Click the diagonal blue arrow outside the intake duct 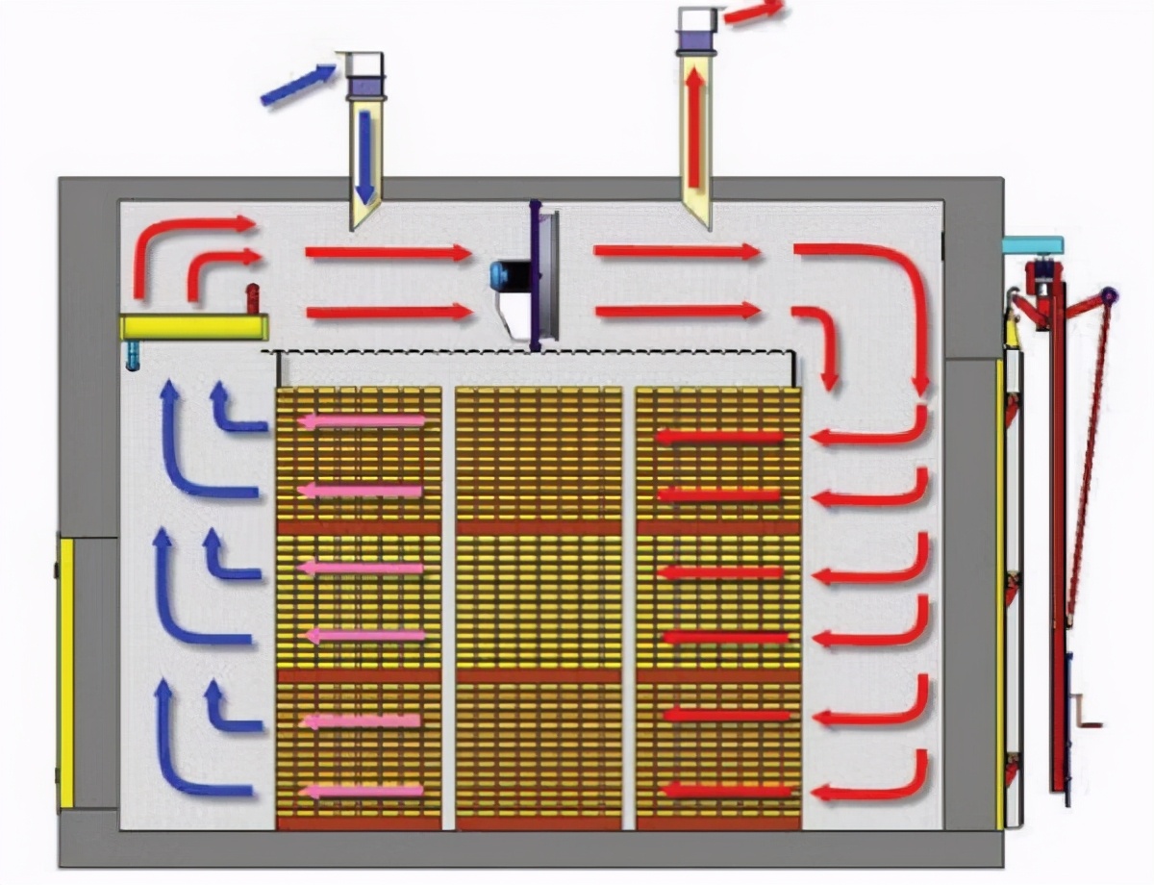click(298, 84)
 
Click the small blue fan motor click(503, 274)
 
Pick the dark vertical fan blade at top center click(535, 275)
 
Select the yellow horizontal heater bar click(193, 327)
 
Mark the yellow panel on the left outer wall click(66, 673)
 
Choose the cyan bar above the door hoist click(1033, 245)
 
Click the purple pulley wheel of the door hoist click(1108, 295)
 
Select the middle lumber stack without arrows click(539, 606)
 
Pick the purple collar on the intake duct click(365, 88)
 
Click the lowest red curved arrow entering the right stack click(870, 779)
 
